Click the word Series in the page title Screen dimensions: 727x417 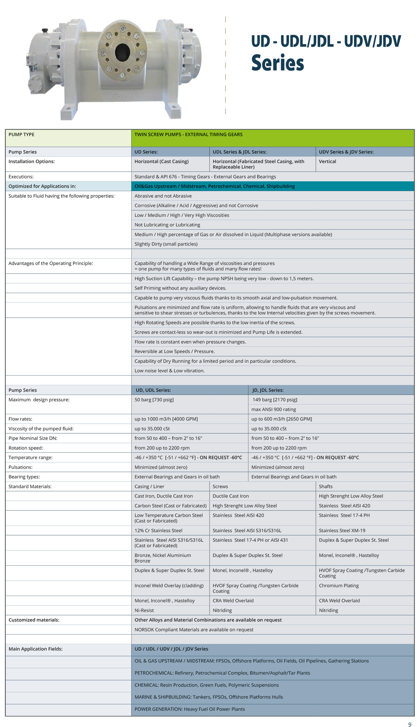277,63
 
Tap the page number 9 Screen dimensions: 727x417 410,722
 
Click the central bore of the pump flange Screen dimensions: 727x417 122,52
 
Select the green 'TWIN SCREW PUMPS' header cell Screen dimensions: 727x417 188,134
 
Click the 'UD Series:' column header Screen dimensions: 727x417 146,152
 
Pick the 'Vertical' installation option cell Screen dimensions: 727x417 327,162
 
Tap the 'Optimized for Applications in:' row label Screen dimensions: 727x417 42,186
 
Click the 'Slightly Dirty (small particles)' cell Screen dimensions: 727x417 166,244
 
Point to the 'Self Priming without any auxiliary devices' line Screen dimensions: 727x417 180,288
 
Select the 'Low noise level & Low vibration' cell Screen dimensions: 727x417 170,371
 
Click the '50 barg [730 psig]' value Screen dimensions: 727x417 154,400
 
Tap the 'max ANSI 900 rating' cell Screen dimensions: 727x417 274,409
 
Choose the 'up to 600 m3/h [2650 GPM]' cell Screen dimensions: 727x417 281,419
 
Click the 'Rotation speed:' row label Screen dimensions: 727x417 26,448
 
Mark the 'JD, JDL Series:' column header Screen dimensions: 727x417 268,390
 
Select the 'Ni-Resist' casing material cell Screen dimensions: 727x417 144,610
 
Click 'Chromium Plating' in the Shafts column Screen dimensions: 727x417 339,586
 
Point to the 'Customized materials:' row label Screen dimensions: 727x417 34,620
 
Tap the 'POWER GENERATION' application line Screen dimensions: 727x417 190,709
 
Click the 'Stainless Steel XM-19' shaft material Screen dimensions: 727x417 342,531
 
